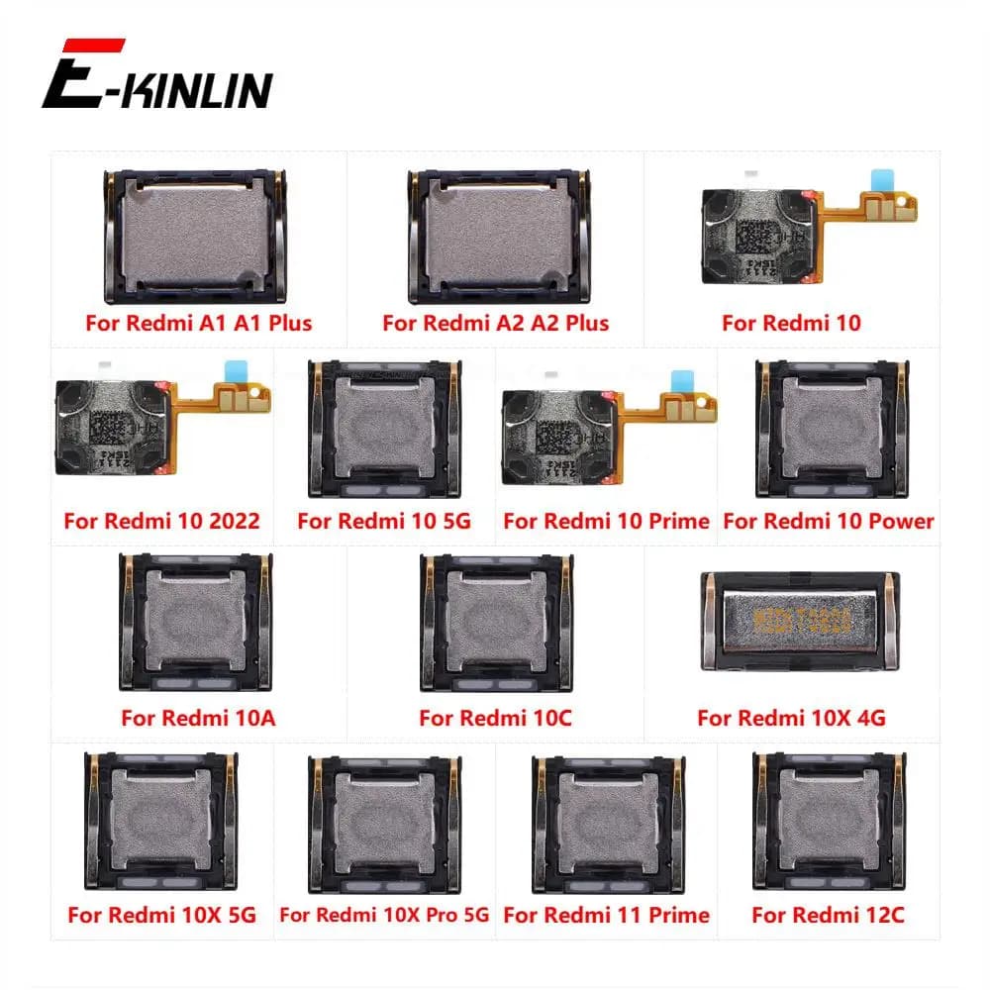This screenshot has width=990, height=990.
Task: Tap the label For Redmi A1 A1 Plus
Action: (x=198, y=323)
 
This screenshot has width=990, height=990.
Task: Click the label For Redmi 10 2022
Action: (x=161, y=521)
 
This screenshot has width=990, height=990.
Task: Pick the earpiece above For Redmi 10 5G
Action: (x=384, y=428)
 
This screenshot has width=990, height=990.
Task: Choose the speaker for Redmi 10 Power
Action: (x=832, y=428)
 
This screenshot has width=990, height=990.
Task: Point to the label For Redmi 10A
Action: (x=198, y=718)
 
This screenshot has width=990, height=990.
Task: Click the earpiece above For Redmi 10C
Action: (x=496, y=622)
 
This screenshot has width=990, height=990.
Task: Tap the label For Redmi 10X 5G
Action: (x=161, y=915)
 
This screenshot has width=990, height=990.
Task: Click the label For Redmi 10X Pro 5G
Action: (x=384, y=915)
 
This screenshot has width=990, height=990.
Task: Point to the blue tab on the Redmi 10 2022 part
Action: (x=237, y=369)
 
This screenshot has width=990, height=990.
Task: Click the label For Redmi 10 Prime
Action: (x=607, y=521)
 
